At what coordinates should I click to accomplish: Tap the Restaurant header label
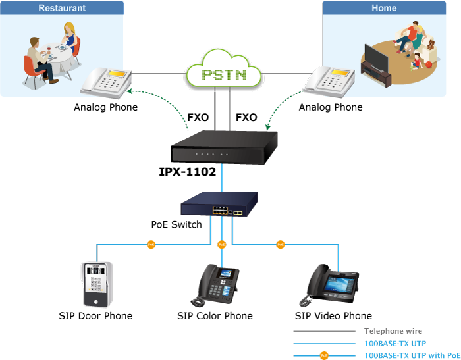tap(62, 8)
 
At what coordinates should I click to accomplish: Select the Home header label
tap(383, 8)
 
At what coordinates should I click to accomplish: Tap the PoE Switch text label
tap(176, 225)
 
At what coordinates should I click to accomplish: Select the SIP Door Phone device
tap(95, 283)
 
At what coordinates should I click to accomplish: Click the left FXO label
tap(198, 118)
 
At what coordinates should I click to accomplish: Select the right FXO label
tap(246, 118)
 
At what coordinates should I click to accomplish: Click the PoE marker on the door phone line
tap(150, 245)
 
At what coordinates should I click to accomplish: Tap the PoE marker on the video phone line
tap(280, 245)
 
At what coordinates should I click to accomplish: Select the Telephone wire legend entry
tap(393, 332)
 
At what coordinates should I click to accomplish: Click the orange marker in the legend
tap(323, 355)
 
